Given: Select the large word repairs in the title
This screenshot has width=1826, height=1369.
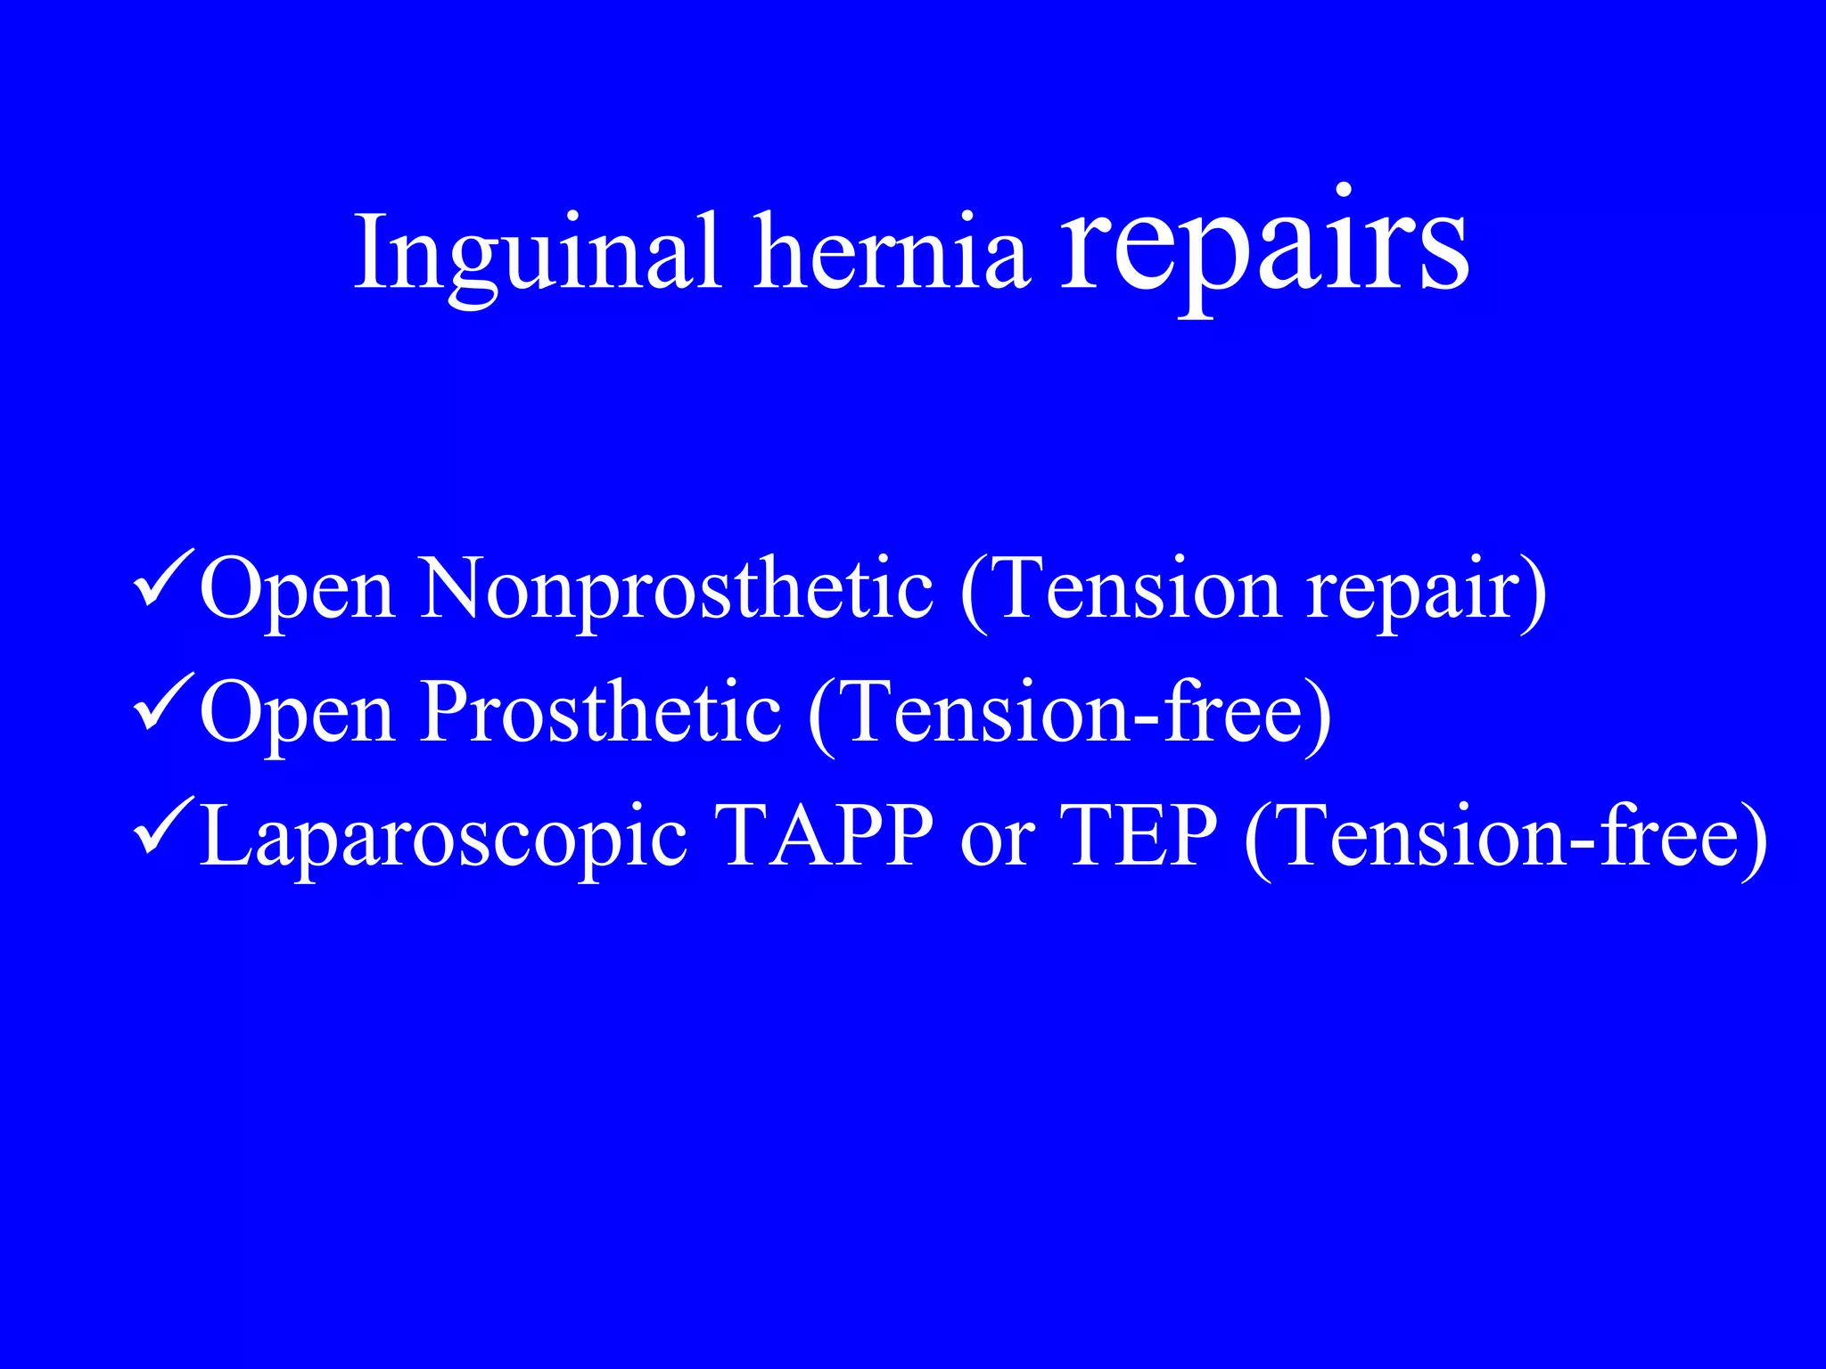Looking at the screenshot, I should click(x=1263, y=245).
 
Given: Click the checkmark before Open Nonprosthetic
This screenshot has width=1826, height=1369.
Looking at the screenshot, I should click(x=163, y=579).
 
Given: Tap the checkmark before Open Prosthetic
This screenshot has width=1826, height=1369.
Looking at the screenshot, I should click(x=163, y=704).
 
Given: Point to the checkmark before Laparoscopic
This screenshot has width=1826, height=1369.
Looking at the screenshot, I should click(x=163, y=828).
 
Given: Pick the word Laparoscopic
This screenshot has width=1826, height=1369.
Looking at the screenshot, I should click(x=443, y=839).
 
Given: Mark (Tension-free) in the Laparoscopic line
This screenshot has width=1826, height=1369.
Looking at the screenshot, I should click(x=1505, y=838).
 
